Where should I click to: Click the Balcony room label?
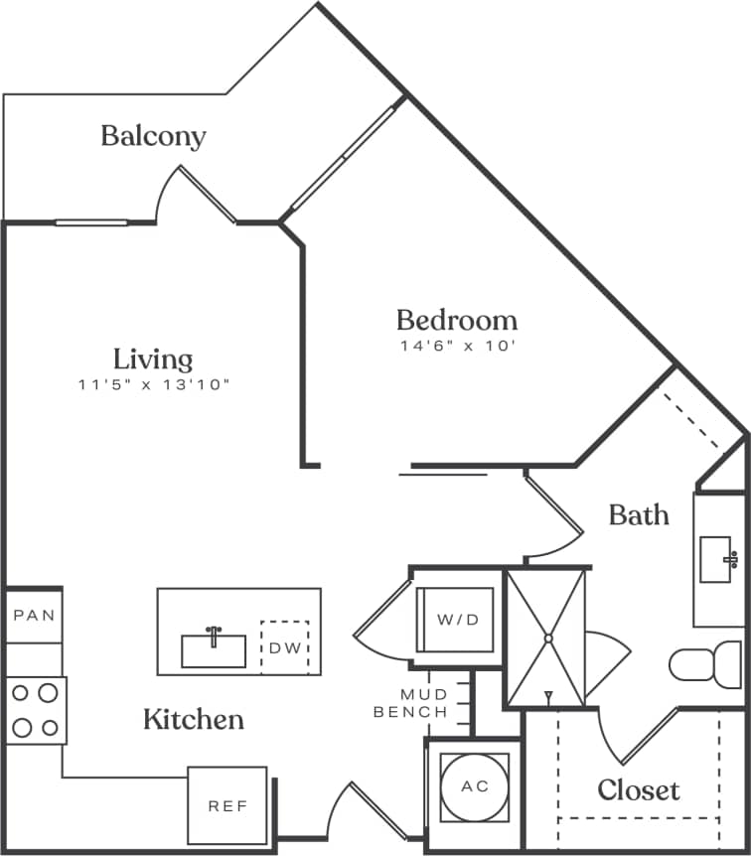point(153,136)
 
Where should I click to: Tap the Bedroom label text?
point(456,320)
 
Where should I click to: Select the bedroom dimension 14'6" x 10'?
point(456,347)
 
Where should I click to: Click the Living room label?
point(152,358)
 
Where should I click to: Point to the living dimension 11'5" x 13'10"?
point(153,384)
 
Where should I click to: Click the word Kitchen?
point(194,719)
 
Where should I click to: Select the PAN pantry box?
point(34,616)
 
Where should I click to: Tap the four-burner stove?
point(35,710)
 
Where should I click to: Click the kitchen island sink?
point(214,649)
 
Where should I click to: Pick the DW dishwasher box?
point(284,647)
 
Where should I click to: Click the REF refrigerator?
point(227,805)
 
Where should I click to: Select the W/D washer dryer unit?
point(458,620)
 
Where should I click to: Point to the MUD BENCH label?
point(410,703)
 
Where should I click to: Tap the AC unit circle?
point(475,786)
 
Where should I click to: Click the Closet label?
point(638,790)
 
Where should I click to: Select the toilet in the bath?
point(705,663)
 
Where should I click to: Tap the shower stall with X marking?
point(545,637)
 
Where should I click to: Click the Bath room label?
point(638,514)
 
